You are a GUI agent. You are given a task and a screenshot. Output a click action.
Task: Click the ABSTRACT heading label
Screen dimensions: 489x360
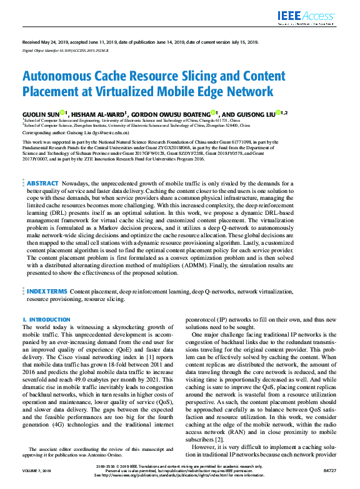click(x=43, y=184)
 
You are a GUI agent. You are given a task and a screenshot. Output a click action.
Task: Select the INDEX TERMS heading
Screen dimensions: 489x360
click(x=46, y=291)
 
